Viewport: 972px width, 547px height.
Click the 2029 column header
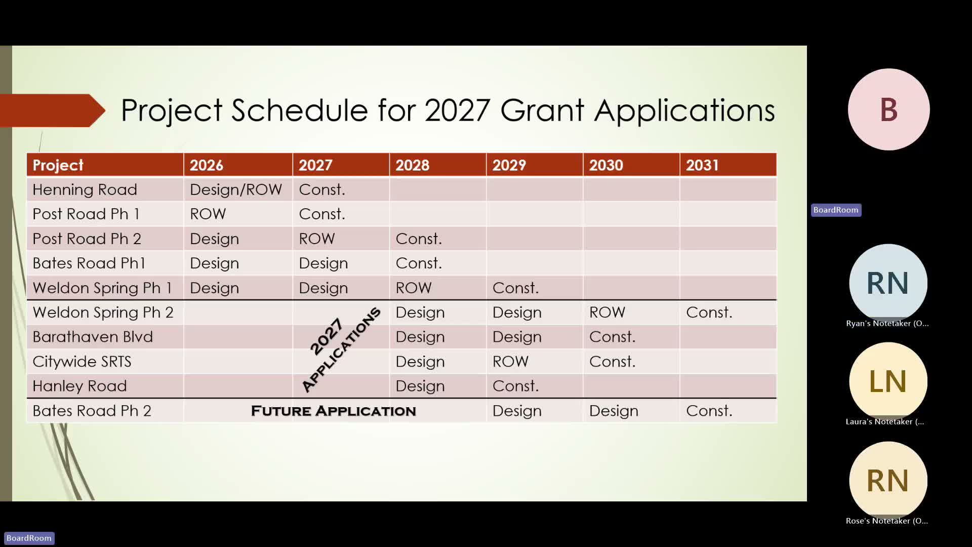(x=509, y=165)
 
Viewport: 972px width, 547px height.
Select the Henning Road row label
(x=85, y=189)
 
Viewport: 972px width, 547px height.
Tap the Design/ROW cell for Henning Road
(x=235, y=189)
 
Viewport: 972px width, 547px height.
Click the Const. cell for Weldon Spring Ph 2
(x=709, y=312)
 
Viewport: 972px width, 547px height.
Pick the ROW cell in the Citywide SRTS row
(x=510, y=361)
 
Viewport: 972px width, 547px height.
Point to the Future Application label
(x=333, y=411)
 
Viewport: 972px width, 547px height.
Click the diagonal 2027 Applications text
(x=341, y=349)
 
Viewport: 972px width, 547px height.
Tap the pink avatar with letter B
(x=888, y=109)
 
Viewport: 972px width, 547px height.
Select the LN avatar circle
(x=888, y=381)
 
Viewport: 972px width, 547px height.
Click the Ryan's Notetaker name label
(x=887, y=323)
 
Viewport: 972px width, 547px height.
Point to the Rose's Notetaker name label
(x=886, y=521)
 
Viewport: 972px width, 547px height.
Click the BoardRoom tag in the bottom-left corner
(x=29, y=538)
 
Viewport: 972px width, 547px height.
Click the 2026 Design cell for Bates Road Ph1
(x=214, y=263)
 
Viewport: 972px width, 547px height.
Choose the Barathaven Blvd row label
(x=93, y=337)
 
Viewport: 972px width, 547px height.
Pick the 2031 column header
(x=702, y=165)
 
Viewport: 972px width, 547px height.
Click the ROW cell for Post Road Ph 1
(x=208, y=214)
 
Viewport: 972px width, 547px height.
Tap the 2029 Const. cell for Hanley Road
(x=515, y=386)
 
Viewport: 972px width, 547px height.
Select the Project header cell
(x=58, y=166)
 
